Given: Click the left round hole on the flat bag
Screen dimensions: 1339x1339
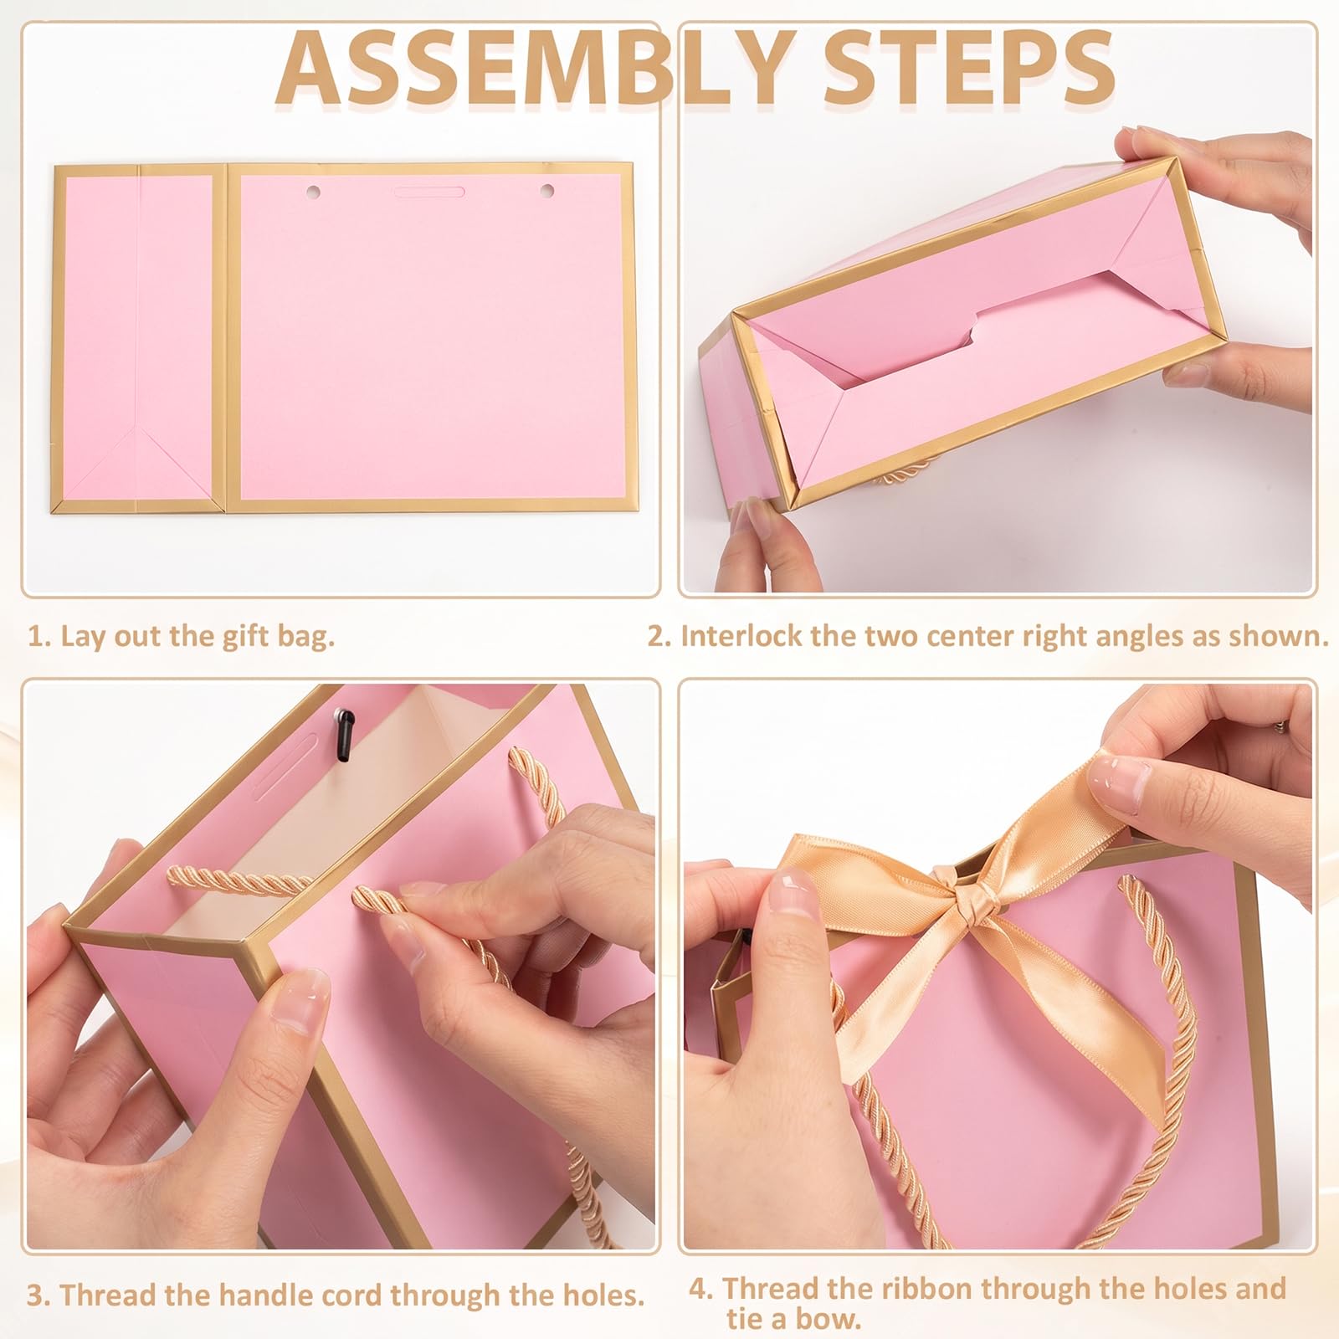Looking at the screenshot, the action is tap(314, 192).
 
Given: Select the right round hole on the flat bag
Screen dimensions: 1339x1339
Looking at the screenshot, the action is tap(547, 192).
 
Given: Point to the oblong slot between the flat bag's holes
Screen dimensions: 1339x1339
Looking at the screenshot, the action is tap(428, 192).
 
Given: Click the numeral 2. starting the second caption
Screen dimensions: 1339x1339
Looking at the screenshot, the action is tap(660, 637).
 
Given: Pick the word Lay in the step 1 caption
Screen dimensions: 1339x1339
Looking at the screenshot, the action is tap(84, 637).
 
